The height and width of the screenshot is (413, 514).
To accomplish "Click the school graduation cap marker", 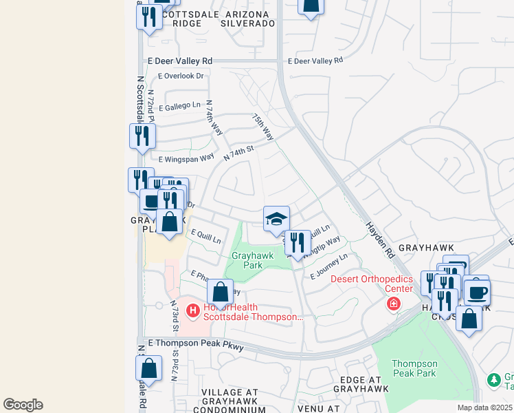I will [276, 219].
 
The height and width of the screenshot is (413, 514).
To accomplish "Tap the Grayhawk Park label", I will [252, 260].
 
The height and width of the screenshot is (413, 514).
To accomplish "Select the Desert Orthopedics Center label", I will [371, 284].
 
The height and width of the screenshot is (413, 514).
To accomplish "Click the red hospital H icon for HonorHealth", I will [193, 311].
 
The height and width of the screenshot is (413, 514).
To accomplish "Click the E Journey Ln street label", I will [329, 266].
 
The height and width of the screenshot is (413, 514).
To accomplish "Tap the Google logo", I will [23, 404].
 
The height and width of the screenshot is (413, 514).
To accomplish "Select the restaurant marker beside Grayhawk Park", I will [298, 242].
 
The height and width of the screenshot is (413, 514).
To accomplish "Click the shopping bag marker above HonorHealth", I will [219, 292].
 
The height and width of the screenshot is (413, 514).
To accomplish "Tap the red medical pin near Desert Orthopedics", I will [393, 304].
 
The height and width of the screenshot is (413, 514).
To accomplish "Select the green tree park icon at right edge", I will [493, 380].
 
